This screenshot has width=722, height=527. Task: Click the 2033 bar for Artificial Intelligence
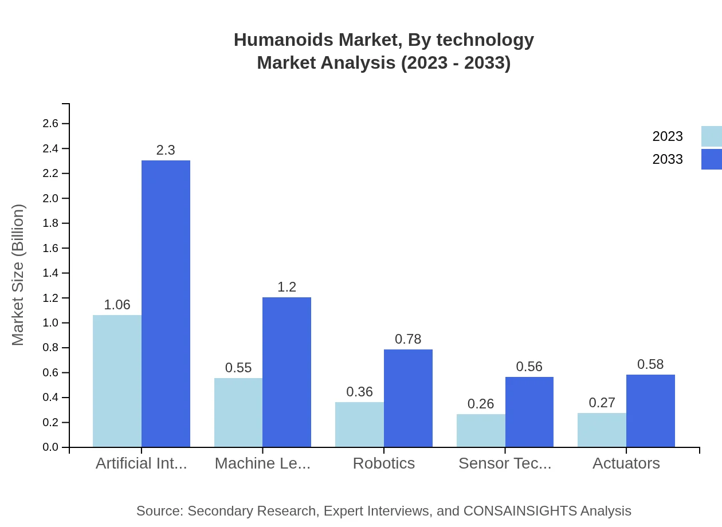(x=166, y=304)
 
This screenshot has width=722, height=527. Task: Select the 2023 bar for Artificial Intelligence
(x=117, y=381)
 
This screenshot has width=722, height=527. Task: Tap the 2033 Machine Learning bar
(x=287, y=372)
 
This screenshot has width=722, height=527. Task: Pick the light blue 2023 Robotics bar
(x=359, y=424)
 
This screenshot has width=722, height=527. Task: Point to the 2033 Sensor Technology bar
(x=529, y=412)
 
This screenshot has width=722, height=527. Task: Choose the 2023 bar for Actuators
(x=602, y=430)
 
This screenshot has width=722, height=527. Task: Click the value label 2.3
(x=166, y=150)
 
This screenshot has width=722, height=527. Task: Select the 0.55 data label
(x=238, y=368)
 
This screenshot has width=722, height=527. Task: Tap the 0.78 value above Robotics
(x=408, y=339)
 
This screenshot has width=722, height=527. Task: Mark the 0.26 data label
(x=481, y=404)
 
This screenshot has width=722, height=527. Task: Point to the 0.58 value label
(x=650, y=364)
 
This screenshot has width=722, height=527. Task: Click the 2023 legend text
(x=668, y=136)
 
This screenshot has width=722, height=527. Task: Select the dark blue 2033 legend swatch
(x=711, y=159)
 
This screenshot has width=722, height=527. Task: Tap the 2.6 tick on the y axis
(x=50, y=124)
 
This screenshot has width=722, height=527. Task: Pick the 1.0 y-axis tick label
(x=50, y=323)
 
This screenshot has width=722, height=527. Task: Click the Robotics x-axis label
(x=384, y=463)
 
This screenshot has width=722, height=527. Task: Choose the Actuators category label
(x=626, y=463)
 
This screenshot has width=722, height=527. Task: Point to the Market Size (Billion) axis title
(x=18, y=275)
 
